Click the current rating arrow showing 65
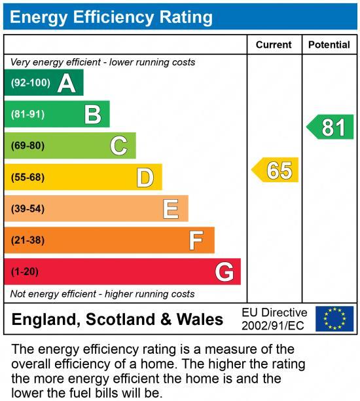pyautogui.click(x=276, y=170)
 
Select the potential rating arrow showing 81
pyautogui.click(x=331, y=126)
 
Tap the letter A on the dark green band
pyautogui.click(x=66, y=83)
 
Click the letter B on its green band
pyautogui.click(x=93, y=115)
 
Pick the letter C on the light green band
pyautogui.click(x=118, y=145)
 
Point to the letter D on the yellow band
pyautogui.click(x=145, y=177)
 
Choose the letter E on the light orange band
pyautogui.click(x=171, y=209)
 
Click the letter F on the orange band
pyautogui.click(x=196, y=240)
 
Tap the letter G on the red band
pyautogui.click(x=224, y=271)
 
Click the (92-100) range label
pyautogui.click(x=30, y=83)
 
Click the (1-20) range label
pyautogui.click(x=25, y=271)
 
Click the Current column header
pyautogui.click(x=274, y=45)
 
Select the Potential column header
pyautogui.click(x=329, y=45)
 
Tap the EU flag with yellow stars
pyautogui.click(x=334, y=318)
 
